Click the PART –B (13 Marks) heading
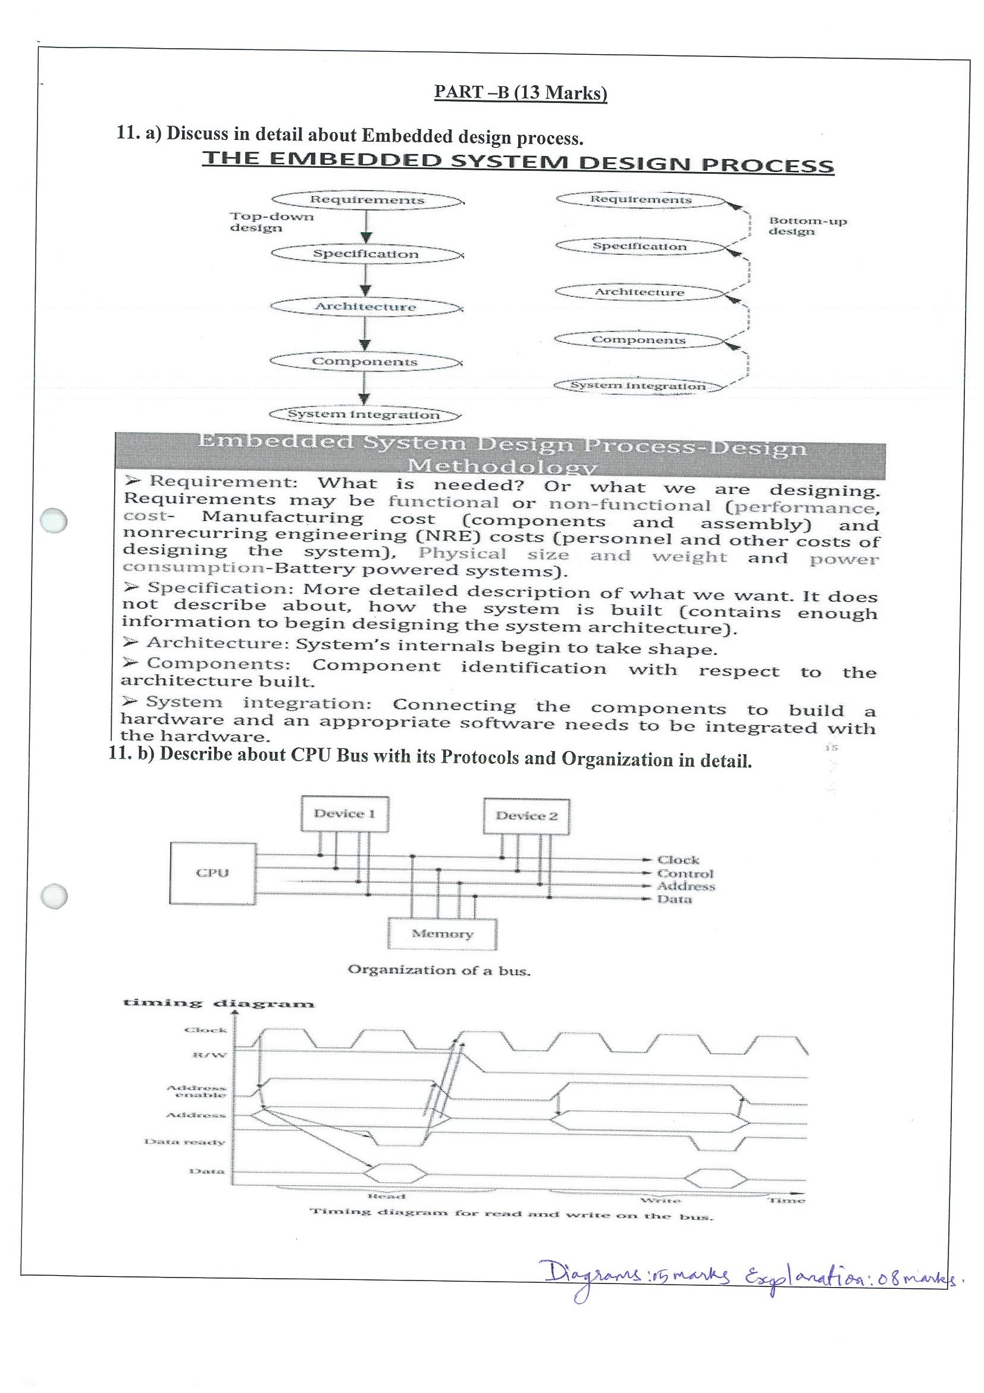520,92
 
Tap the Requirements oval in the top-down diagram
367,199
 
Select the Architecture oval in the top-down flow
366,307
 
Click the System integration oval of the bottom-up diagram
638,386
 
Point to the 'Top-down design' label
271,222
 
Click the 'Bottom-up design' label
807,226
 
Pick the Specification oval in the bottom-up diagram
639,246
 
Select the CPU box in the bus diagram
212,873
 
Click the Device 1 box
344,814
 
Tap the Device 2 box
527,816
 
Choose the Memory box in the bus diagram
442,933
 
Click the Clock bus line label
678,860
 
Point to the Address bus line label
686,886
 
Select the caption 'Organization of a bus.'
439,970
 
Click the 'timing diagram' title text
218,1004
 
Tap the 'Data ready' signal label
184,1142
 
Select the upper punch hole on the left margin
53,520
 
